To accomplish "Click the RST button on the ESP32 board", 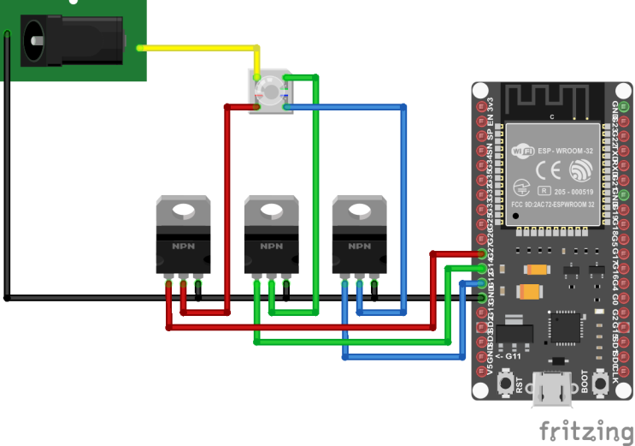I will coord(510,381).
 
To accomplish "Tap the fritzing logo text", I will coord(586,430).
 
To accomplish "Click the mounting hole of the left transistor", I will coord(183,208).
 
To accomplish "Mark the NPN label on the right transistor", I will coord(359,247).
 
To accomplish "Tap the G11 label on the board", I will coord(514,355).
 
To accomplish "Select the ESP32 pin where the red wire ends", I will coord(483,254).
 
